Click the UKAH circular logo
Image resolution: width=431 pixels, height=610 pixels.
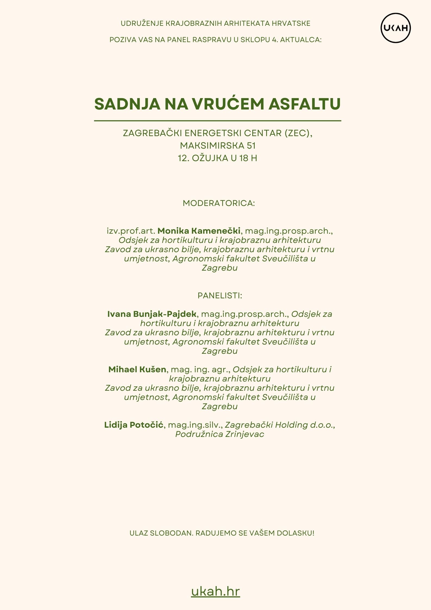click(x=395, y=28)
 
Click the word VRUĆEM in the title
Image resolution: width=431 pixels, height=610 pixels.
click(x=228, y=104)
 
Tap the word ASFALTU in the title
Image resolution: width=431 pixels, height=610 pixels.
click(x=304, y=104)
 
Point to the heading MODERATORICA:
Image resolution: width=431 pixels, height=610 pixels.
click(x=219, y=203)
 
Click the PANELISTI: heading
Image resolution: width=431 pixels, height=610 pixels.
click(x=220, y=295)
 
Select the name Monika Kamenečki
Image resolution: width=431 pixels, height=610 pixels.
click(x=199, y=231)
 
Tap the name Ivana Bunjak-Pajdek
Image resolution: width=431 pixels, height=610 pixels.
click(x=152, y=314)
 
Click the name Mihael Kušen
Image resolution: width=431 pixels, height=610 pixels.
click(x=137, y=369)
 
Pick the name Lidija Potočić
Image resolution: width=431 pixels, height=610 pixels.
click(x=134, y=425)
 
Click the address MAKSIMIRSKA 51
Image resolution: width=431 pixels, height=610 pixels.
click(x=218, y=146)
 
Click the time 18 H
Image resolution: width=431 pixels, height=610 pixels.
click(x=248, y=158)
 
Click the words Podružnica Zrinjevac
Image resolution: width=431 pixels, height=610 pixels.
click(x=219, y=434)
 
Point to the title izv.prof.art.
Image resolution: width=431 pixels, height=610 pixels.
click(x=131, y=231)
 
